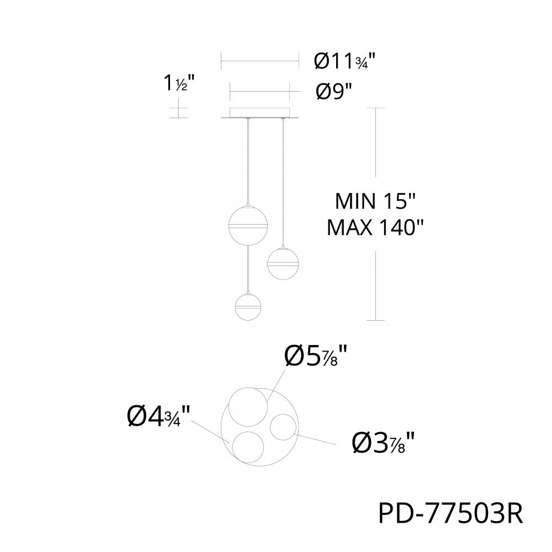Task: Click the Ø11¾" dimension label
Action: (344, 61)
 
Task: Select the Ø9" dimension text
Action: (333, 92)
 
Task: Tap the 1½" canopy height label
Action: (179, 83)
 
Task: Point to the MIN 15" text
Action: (375, 201)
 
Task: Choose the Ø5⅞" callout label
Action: (316, 355)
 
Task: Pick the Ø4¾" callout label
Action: (158, 416)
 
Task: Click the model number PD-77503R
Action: (450, 513)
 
